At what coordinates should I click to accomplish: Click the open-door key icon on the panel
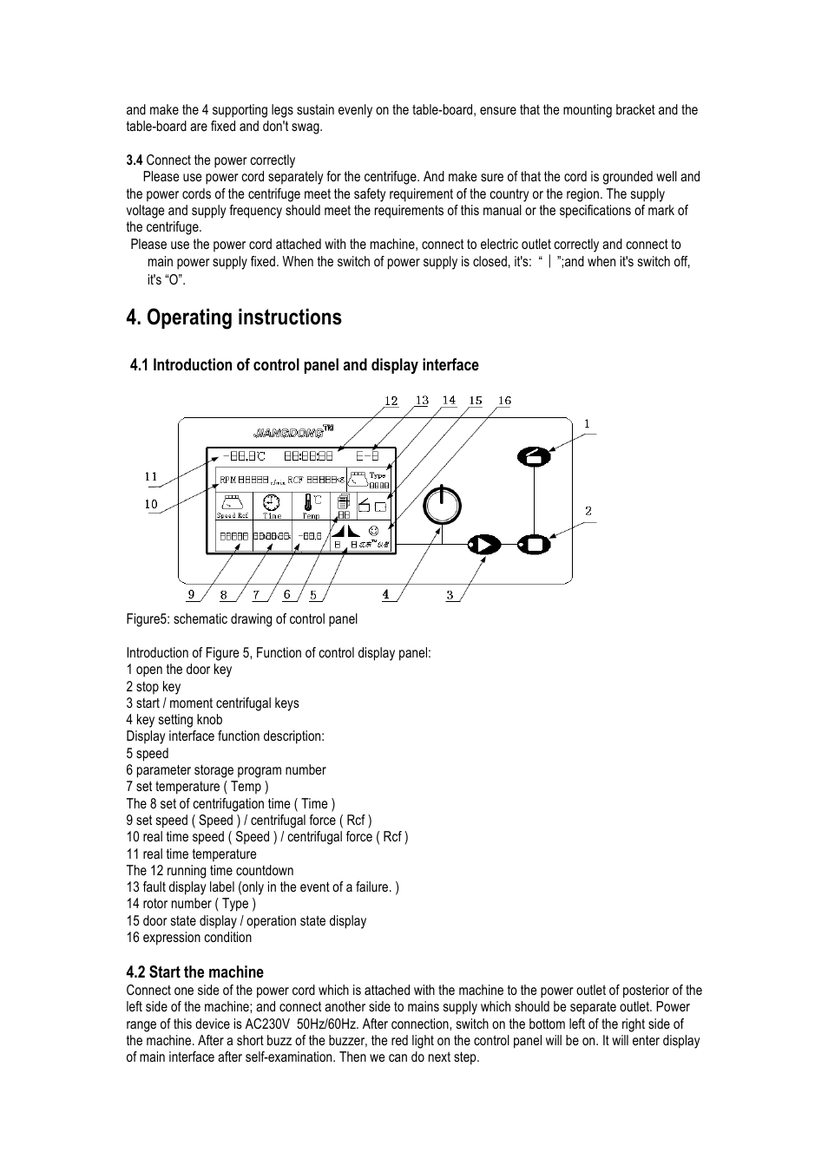point(534,455)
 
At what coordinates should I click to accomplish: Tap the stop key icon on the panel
point(534,545)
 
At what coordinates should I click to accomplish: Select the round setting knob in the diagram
point(442,505)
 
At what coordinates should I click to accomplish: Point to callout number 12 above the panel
point(391,401)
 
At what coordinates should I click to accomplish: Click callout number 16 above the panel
point(504,401)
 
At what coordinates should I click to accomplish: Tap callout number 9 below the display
point(192,595)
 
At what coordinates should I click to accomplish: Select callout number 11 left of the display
point(151,476)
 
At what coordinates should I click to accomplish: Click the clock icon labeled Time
point(272,502)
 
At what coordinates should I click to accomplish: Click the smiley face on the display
point(373,530)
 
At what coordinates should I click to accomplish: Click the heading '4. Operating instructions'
point(233,317)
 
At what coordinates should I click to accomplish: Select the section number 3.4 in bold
point(134,160)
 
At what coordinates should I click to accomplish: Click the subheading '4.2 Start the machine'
point(194,972)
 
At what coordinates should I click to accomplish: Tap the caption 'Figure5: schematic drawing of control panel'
point(241,619)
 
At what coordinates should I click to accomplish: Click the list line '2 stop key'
point(154,687)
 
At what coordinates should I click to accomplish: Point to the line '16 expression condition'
point(189,938)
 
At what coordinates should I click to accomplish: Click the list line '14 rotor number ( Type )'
point(191,904)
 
